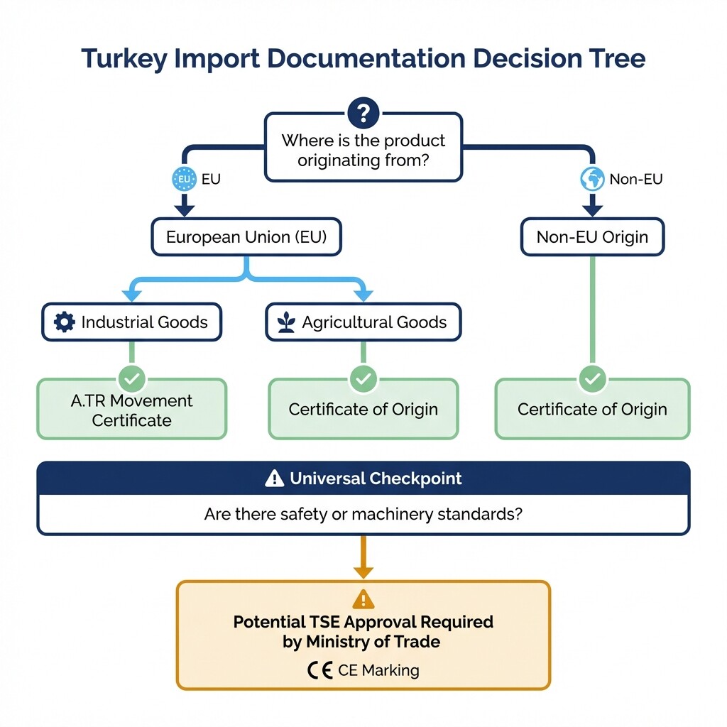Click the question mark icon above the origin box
click(x=363, y=113)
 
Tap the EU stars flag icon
click(x=185, y=179)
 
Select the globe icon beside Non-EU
click(x=592, y=179)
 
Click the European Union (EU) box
click(x=246, y=237)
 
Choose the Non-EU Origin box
click(x=592, y=237)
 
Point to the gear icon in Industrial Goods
click(x=65, y=322)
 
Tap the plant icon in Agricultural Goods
click(x=286, y=322)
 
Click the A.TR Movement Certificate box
click(x=131, y=410)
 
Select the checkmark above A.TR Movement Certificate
click(x=131, y=379)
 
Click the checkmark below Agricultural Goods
click(x=363, y=379)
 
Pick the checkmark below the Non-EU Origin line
click(x=592, y=379)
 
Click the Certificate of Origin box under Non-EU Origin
click(x=592, y=410)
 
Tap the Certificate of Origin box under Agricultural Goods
click(x=363, y=410)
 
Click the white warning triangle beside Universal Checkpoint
click(x=274, y=479)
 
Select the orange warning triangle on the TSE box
click(x=363, y=598)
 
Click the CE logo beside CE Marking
click(x=320, y=670)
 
